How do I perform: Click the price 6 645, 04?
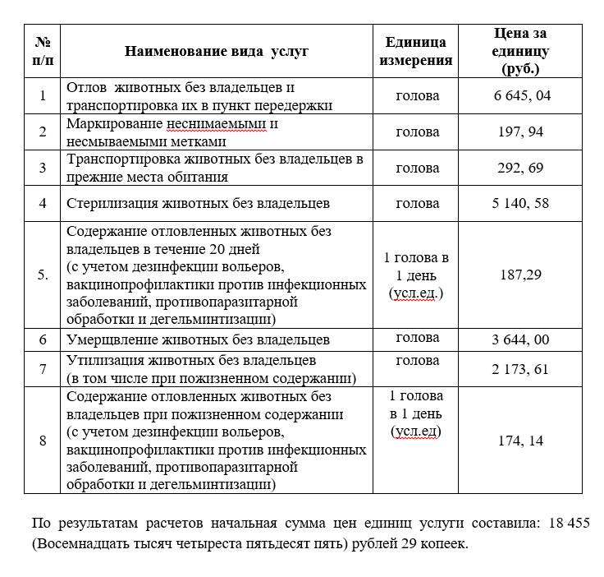point(521,95)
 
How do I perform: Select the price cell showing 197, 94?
point(521,132)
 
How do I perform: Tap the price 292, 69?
point(521,168)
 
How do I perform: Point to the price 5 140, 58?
point(521,203)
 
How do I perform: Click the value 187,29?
point(521,275)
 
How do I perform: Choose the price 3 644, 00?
point(521,339)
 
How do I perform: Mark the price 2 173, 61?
point(521,370)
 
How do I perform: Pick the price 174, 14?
point(521,441)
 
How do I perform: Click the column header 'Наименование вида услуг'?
point(217,51)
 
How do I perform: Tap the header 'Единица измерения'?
point(418,51)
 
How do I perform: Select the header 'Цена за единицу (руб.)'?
point(521,51)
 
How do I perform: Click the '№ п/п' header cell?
point(43,51)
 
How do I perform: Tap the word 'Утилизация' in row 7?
point(102,361)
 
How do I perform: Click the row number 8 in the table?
point(43,441)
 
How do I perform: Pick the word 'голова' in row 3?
point(418,168)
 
